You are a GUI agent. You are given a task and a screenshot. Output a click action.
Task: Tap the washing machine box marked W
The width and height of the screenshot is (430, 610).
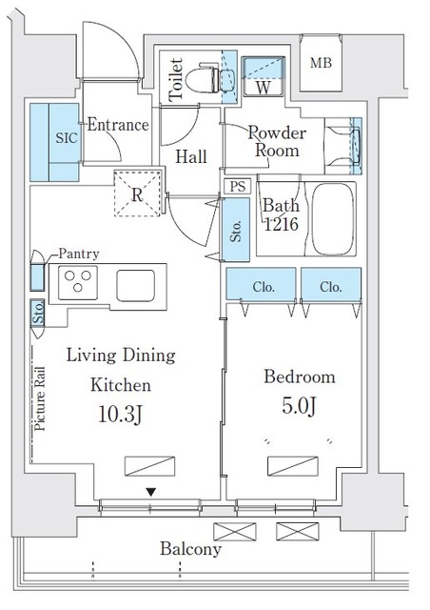click(263, 76)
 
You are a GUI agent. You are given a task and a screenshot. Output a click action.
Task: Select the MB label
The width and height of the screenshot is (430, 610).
click(321, 63)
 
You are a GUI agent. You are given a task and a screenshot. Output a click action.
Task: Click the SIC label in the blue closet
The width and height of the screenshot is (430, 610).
click(67, 137)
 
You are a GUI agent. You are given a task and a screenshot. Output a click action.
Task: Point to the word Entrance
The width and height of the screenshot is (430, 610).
click(118, 125)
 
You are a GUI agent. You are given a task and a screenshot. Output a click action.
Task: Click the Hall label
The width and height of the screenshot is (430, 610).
click(190, 156)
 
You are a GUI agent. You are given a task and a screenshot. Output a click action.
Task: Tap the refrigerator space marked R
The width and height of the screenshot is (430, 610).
click(137, 193)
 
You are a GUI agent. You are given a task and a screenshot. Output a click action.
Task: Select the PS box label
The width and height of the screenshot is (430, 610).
click(238, 187)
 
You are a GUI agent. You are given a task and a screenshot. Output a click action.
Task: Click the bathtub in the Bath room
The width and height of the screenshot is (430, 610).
click(334, 218)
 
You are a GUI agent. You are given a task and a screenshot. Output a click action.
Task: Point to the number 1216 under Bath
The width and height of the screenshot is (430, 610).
click(281, 224)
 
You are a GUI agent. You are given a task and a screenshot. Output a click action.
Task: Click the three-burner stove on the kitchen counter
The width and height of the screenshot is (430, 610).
click(78, 282)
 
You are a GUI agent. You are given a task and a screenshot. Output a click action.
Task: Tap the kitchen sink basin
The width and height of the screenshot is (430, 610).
click(136, 286)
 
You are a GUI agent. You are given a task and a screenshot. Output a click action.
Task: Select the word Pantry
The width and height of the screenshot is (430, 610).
click(79, 254)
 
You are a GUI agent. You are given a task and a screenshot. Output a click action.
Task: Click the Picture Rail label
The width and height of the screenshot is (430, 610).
click(40, 398)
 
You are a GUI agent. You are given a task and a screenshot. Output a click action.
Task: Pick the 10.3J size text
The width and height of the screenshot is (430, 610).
click(120, 414)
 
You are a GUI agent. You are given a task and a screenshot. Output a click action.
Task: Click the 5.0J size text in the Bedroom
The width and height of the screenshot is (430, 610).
click(299, 406)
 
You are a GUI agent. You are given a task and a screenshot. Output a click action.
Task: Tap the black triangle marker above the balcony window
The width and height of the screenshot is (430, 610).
click(151, 492)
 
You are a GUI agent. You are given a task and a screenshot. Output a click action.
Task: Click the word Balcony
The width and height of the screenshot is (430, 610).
click(190, 549)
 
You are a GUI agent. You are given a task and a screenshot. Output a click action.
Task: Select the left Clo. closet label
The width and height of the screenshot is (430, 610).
click(264, 287)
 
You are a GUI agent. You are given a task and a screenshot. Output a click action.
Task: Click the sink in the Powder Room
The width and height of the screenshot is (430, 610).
click(356, 146)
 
